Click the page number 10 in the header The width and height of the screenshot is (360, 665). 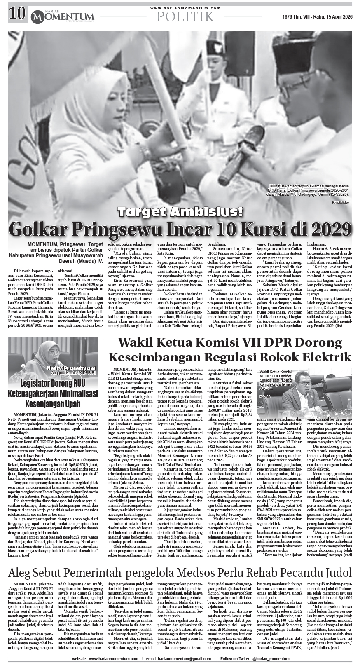pyautogui.click(x=16, y=15)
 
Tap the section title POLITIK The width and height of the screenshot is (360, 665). pyautogui.click(x=185, y=16)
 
